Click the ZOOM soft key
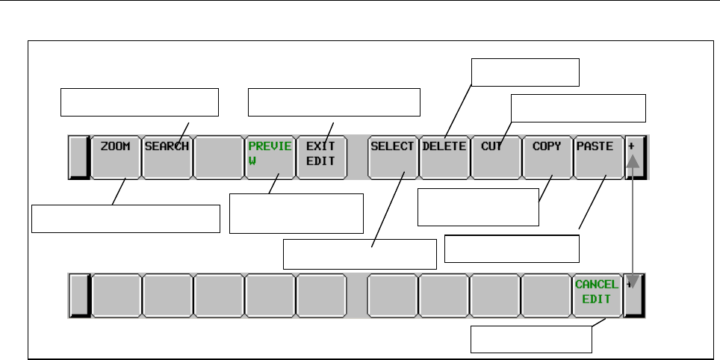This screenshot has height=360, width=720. coord(116,157)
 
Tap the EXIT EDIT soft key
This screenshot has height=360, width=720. coord(321,157)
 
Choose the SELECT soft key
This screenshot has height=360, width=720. coord(393,157)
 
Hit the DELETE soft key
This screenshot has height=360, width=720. coord(444,157)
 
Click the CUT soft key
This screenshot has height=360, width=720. coord(495,157)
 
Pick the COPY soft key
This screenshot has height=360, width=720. coord(547,157)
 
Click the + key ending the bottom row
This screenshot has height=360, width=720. coord(635,294)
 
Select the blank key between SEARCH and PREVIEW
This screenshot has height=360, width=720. coord(218,157)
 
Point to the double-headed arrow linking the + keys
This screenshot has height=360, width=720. coord(633,224)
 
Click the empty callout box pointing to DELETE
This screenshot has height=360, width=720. coord(525,72)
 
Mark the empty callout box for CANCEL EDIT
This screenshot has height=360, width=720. coord(531,341)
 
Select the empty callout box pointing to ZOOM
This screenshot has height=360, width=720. coord(126,219)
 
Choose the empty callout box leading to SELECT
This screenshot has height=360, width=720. coord(359,254)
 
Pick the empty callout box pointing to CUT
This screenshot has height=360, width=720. coord(578,108)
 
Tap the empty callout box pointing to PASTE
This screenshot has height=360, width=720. coord(512,249)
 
